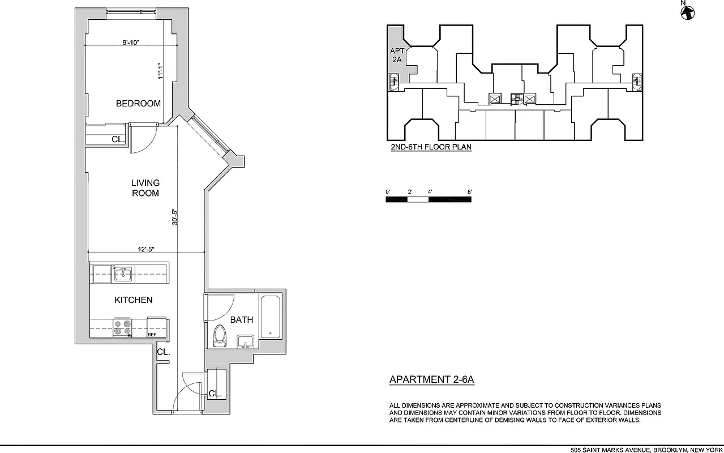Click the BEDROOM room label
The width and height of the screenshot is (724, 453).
coord(138,104)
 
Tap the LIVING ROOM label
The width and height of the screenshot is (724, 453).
coord(145,188)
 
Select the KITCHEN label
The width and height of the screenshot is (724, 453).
coord(134,300)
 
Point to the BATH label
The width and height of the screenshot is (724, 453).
coord(241,320)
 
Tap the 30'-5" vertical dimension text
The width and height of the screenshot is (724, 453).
coord(175,218)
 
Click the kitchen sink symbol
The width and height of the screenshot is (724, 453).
coord(123,275)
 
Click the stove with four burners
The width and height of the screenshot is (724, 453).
coord(122,328)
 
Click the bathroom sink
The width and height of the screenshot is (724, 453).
coord(245,341)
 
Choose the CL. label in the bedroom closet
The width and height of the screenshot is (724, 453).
coord(118,139)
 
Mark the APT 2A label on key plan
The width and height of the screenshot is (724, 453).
coord(397,55)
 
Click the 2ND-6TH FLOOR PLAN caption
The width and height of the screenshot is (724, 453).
coord(431,147)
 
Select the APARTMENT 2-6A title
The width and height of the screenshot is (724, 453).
coord(431,380)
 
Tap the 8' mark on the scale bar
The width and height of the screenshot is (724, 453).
coord(470,192)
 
